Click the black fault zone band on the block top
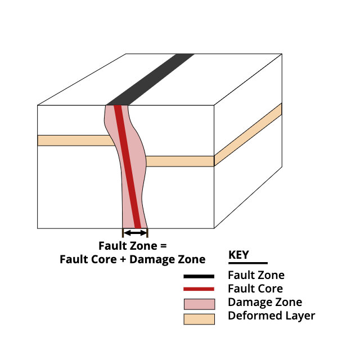[150, 79]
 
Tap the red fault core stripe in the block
[128, 167]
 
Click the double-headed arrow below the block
[135, 233]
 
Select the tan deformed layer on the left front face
[76, 141]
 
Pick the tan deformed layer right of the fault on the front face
[180, 161]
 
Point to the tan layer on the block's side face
[248, 134]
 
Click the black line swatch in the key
[199, 276]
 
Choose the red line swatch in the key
[199, 289]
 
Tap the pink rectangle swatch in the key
[199, 304]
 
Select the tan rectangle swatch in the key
[199, 319]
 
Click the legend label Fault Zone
[256, 275]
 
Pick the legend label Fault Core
[255, 289]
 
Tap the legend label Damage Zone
[265, 303]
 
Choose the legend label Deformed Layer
[271, 316]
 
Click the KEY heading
[238, 255]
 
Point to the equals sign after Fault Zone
[163, 246]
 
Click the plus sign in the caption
[123, 260]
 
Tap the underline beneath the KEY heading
[248, 263]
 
